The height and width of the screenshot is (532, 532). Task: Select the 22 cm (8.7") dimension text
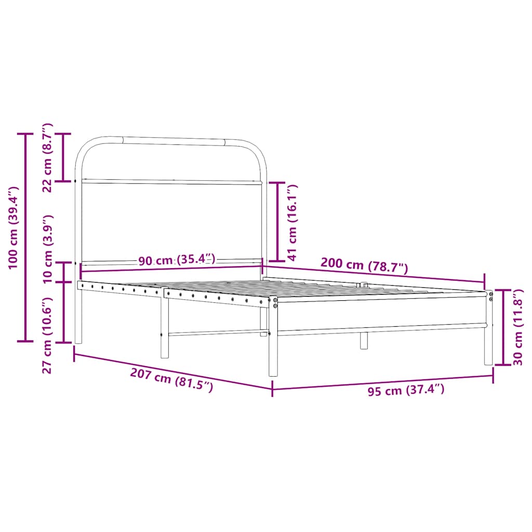[47, 157]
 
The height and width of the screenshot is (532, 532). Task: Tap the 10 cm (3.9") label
[47, 248]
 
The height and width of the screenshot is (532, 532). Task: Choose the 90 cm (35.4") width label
[177, 260]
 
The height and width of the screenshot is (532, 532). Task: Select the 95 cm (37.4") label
[406, 390]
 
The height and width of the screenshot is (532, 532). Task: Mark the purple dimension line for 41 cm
[277, 221]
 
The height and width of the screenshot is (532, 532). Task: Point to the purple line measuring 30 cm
[503, 327]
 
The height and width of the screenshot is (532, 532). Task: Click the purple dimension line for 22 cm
[63, 157]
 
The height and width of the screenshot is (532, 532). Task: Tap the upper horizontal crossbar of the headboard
[171, 182]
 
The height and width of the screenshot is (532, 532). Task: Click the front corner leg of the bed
[273, 338]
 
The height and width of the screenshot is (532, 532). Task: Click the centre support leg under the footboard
[364, 340]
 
